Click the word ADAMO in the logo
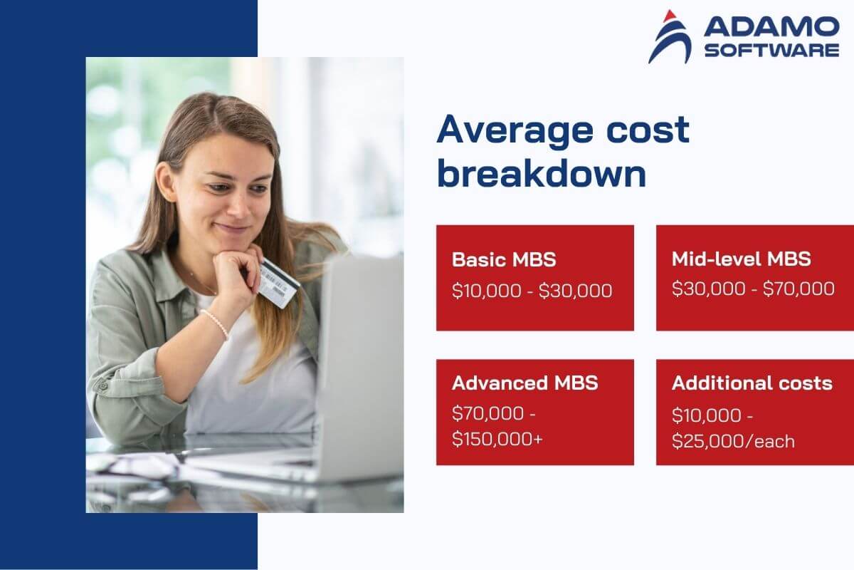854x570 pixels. coord(771,27)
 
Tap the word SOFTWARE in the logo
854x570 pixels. coord(771,51)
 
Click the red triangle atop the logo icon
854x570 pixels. coord(670,16)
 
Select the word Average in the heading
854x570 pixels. coord(515,130)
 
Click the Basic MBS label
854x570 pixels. coord(504,259)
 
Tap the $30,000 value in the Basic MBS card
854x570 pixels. coord(575,291)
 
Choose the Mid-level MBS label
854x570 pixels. coord(741,259)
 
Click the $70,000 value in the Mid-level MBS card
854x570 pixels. coord(798,289)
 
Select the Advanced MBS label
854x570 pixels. coord(525,383)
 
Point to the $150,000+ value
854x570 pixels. coord(497,439)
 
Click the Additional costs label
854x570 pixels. coord(752,383)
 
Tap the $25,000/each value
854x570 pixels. coord(733,441)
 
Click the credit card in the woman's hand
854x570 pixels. coord(278,283)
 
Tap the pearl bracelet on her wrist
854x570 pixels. coord(216,323)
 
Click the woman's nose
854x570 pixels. coord(239,206)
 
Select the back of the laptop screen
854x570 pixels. coord(360,366)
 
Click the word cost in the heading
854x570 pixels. coord(648,130)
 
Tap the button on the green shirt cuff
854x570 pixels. coord(103,386)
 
